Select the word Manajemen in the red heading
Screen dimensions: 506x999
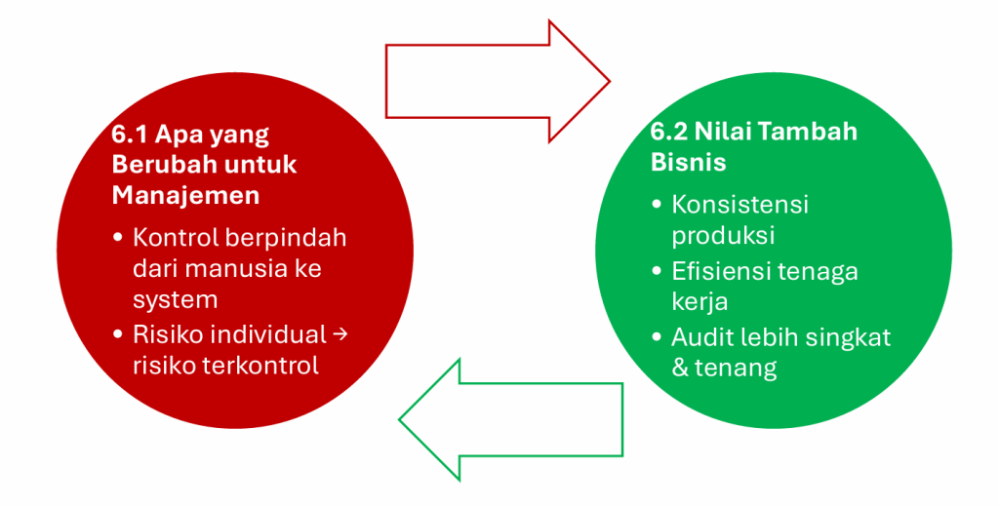point(185,195)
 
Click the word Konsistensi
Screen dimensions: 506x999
point(739,205)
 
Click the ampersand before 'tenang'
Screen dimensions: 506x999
point(680,368)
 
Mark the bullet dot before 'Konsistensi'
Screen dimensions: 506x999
point(657,206)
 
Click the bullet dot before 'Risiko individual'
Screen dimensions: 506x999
point(118,335)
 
